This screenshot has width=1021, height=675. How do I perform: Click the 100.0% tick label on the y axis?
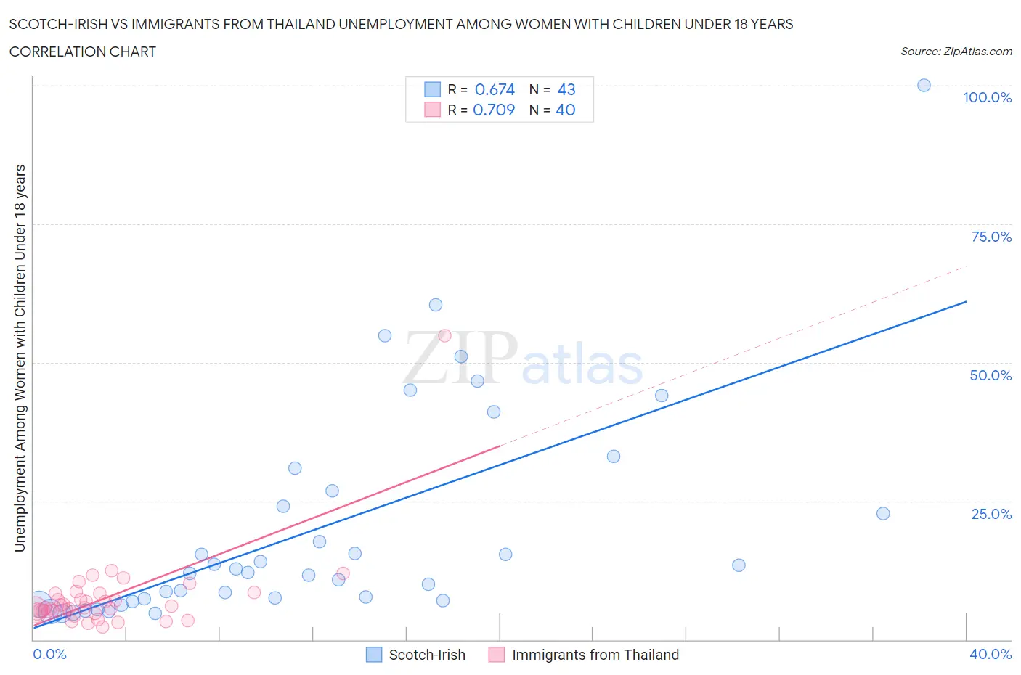(987, 97)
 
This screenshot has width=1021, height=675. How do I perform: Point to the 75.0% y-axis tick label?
(991, 237)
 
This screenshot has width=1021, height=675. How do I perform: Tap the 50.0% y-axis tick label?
(991, 375)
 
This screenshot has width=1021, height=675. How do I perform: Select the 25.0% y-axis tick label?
(991, 514)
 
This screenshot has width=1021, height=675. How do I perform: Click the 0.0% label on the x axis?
(49, 654)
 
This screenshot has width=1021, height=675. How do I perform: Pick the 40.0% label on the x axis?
(991, 654)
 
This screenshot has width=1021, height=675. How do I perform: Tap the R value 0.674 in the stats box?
(495, 89)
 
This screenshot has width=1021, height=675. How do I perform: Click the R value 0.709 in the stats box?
(494, 110)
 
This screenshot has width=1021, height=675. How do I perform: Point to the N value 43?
(566, 89)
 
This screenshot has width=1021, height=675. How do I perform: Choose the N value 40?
(566, 110)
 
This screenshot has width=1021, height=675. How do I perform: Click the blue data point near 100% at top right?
(924, 85)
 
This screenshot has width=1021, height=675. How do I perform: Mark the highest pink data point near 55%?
(444, 335)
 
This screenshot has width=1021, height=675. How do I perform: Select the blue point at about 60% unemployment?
(436, 305)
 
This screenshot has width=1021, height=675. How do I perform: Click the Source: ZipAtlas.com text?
(956, 52)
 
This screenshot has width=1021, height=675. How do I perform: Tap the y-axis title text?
(20, 358)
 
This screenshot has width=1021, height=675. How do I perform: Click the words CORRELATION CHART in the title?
(83, 52)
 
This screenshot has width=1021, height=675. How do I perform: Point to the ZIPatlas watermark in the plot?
(523, 359)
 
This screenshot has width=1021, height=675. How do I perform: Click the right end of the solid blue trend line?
(966, 301)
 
